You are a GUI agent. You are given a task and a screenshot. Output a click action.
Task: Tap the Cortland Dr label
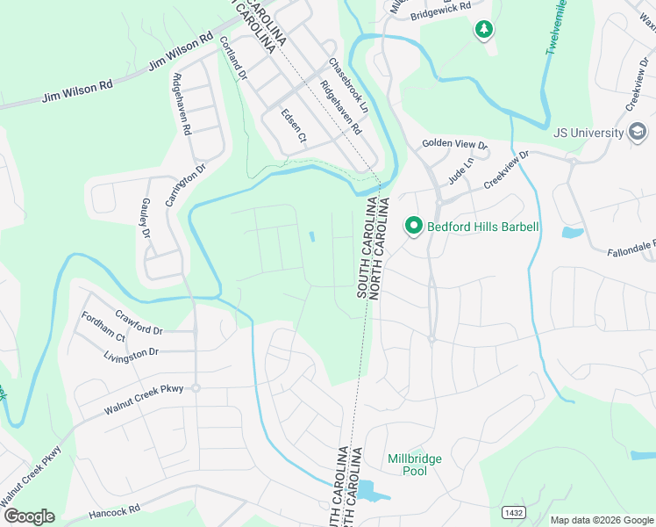(x=234, y=58)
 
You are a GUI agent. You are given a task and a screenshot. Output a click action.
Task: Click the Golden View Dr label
(x=454, y=143)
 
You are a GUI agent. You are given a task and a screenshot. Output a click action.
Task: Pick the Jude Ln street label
(x=460, y=164)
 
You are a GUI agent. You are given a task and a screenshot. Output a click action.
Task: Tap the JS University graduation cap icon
(x=638, y=133)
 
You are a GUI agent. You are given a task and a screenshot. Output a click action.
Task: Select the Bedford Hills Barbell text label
(x=482, y=227)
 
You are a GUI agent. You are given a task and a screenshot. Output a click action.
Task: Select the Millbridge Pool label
(x=415, y=465)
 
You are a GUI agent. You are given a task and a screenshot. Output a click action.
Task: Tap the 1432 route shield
(x=513, y=511)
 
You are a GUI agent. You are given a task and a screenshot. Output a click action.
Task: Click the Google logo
(x=28, y=516)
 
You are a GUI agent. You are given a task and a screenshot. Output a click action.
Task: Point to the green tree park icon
(x=483, y=31)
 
